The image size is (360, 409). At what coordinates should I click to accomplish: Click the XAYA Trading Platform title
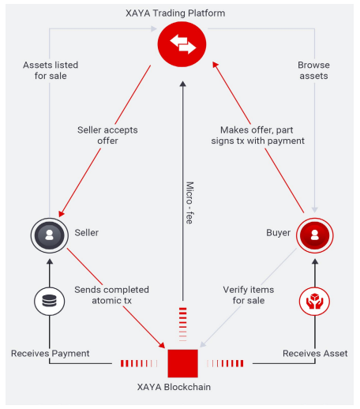tap(175, 13)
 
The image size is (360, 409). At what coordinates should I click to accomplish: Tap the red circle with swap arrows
tap(182, 44)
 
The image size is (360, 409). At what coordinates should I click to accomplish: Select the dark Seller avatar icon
tap(50, 235)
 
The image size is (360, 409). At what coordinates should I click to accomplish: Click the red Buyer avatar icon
tap(314, 235)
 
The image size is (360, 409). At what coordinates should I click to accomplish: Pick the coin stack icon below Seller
tap(50, 301)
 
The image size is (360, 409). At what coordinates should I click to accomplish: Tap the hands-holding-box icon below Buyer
tap(314, 301)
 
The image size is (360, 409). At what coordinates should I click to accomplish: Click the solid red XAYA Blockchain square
tap(182, 363)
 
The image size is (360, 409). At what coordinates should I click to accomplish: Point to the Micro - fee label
tap(189, 203)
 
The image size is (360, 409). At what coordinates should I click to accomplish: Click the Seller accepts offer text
tap(107, 135)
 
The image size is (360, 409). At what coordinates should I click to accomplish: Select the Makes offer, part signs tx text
tap(257, 135)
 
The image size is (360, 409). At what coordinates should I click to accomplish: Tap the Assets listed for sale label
tap(51, 70)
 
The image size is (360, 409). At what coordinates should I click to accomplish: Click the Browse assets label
tap(313, 70)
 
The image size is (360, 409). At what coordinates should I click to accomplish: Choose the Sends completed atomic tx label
tap(111, 295)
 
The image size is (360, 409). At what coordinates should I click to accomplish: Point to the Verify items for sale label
tap(249, 295)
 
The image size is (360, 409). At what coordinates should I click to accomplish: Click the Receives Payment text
tap(51, 353)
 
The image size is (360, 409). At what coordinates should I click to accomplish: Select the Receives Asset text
tap(315, 353)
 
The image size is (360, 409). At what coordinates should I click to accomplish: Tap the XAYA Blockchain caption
tap(174, 387)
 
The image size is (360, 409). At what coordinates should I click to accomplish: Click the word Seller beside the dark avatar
tap(87, 233)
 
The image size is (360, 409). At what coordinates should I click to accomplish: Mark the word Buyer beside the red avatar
tap(279, 233)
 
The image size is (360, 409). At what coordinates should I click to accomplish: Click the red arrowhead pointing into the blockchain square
tap(162, 345)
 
